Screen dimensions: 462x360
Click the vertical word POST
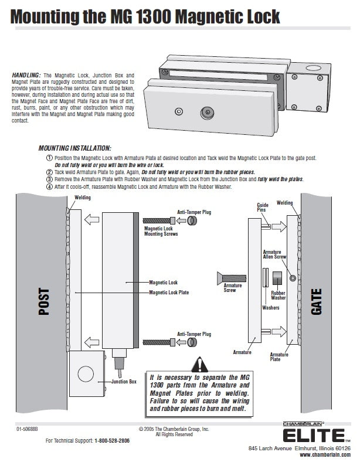coord(43,302)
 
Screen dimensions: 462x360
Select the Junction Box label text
coord(124,382)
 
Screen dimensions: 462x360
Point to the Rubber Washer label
coord(279,295)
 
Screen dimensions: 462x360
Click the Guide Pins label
coord(263,208)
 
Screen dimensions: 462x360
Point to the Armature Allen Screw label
coord(275,254)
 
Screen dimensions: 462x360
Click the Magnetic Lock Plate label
coord(168,291)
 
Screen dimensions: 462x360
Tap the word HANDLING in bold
coord(26,76)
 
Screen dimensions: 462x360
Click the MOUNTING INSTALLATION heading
coord(74,148)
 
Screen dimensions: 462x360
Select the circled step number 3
coord(49,179)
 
